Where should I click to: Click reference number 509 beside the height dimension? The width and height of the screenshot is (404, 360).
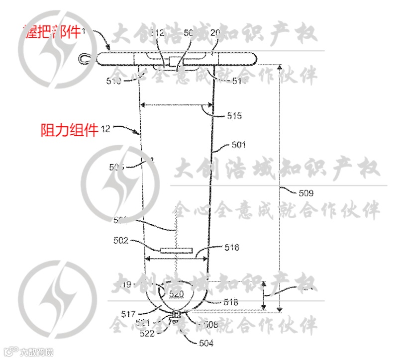tap(305, 191)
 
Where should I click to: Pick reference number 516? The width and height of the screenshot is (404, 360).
tap(231, 247)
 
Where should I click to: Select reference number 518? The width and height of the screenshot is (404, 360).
tap(231, 302)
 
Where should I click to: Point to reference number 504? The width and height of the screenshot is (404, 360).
tap(206, 343)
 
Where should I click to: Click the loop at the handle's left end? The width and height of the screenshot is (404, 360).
tap(85, 59)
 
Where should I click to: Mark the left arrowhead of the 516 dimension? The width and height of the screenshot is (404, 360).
tap(147, 258)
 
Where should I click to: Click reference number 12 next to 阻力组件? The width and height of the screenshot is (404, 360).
tap(105, 128)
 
